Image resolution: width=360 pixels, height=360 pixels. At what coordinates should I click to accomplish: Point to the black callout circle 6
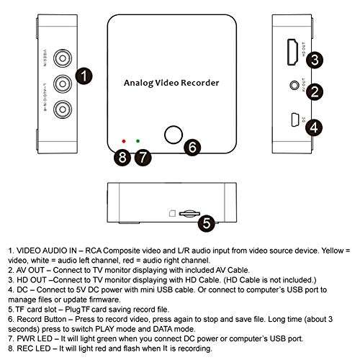click(x=191, y=147)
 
